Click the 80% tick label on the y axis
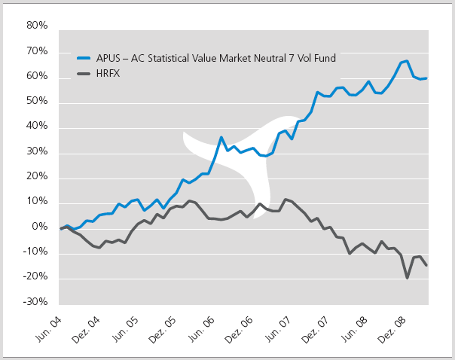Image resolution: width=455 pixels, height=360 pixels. [x=37, y=26]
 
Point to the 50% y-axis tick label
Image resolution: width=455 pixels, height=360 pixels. [x=37, y=102]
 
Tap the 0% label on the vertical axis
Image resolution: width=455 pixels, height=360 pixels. [x=40, y=227]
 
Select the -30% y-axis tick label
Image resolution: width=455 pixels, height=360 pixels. [x=35, y=303]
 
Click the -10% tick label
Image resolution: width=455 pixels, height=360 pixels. [x=35, y=252]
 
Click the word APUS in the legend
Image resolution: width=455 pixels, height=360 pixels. [x=108, y=57]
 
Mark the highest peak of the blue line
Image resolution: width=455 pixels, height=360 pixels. [x=407, y=61]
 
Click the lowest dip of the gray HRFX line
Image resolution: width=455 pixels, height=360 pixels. [x=408, y=278]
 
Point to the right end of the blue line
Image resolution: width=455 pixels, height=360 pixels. [x=427, y=78]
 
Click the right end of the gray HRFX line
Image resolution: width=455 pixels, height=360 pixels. [x=427, y=265]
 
